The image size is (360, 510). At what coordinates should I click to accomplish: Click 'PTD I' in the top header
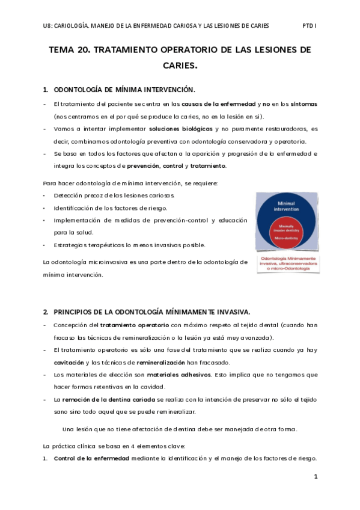pos(309,26)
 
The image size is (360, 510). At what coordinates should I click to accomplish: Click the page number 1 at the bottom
pos(316,476)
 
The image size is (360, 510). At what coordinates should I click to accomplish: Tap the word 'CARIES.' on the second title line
pos(180,66)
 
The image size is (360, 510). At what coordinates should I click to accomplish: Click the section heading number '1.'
pos(46,90)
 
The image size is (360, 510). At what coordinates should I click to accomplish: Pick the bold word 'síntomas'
pos(300,104)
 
